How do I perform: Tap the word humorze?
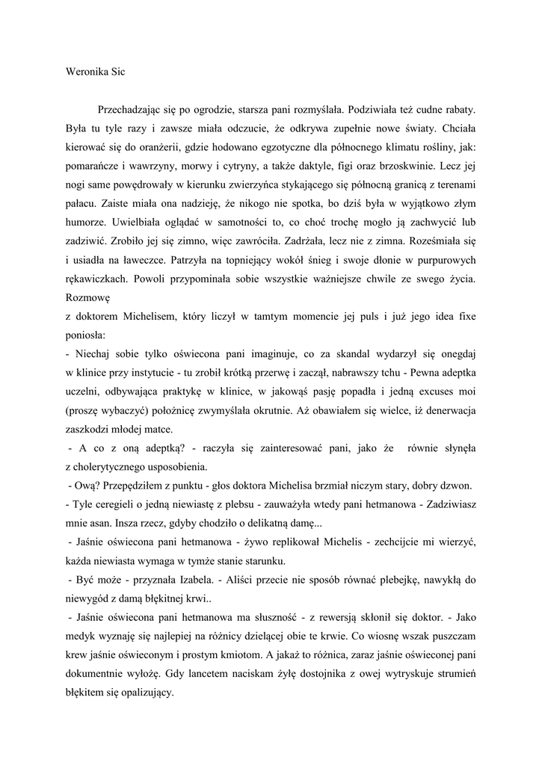pyautogui.click(x=87, y=241)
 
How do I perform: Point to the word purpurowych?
pyautogui.click(x=443, y=282)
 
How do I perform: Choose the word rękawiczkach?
pyautogui.click(x=98, y=300)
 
